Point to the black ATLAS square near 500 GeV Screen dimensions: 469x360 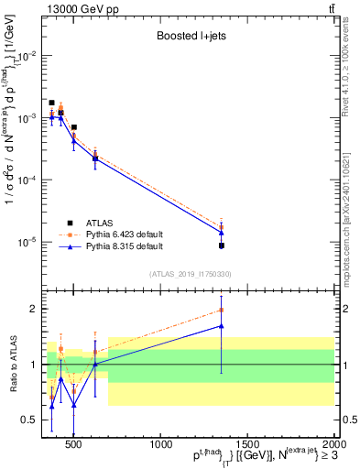[x=74, y=127]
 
